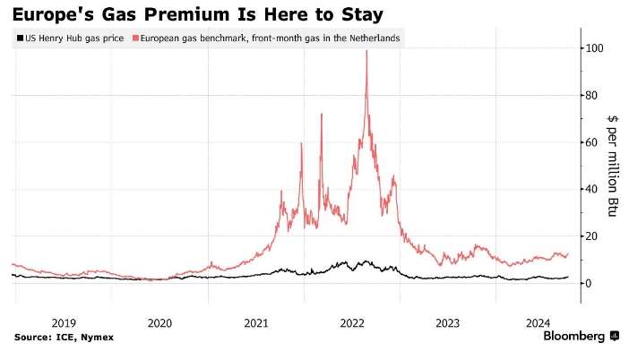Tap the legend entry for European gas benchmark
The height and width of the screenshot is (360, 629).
[268, 39]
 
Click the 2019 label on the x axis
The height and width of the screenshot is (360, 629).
[63, 322]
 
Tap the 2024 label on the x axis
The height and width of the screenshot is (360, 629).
[540, 322]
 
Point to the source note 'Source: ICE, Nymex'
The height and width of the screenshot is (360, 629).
[64, 337]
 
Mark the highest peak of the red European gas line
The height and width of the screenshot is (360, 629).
[366, 51]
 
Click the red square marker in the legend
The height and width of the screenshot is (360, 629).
[134, 39]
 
